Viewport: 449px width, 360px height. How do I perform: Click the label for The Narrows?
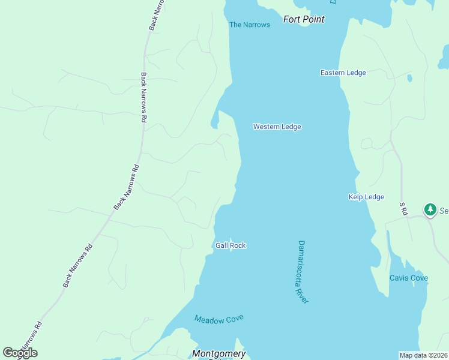coord(250,25)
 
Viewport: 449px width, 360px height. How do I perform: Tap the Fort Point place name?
coord(304,19)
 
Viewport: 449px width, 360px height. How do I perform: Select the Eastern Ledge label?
coord(343,73)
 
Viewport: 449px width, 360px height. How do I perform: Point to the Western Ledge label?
coord(277,127)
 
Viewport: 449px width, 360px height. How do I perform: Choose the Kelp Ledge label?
coord(366,197)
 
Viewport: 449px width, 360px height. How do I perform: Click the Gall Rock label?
coord(231,245)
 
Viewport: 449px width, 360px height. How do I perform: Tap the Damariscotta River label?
coord(303,272)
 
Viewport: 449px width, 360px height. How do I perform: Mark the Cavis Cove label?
coord(408,278)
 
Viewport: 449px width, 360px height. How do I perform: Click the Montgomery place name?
coord(219,353)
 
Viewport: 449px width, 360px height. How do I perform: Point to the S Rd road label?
coord(403,209)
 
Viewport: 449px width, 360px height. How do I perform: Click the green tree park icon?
coord(430,210)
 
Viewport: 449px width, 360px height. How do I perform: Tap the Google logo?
coord(20,353)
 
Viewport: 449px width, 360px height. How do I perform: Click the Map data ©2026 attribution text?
coord(424,355)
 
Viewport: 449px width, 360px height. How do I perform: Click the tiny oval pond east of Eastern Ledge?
coord(409,78)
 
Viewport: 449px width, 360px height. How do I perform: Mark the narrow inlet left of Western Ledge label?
coord(214,124)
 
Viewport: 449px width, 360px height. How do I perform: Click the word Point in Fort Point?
coord(314,19)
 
